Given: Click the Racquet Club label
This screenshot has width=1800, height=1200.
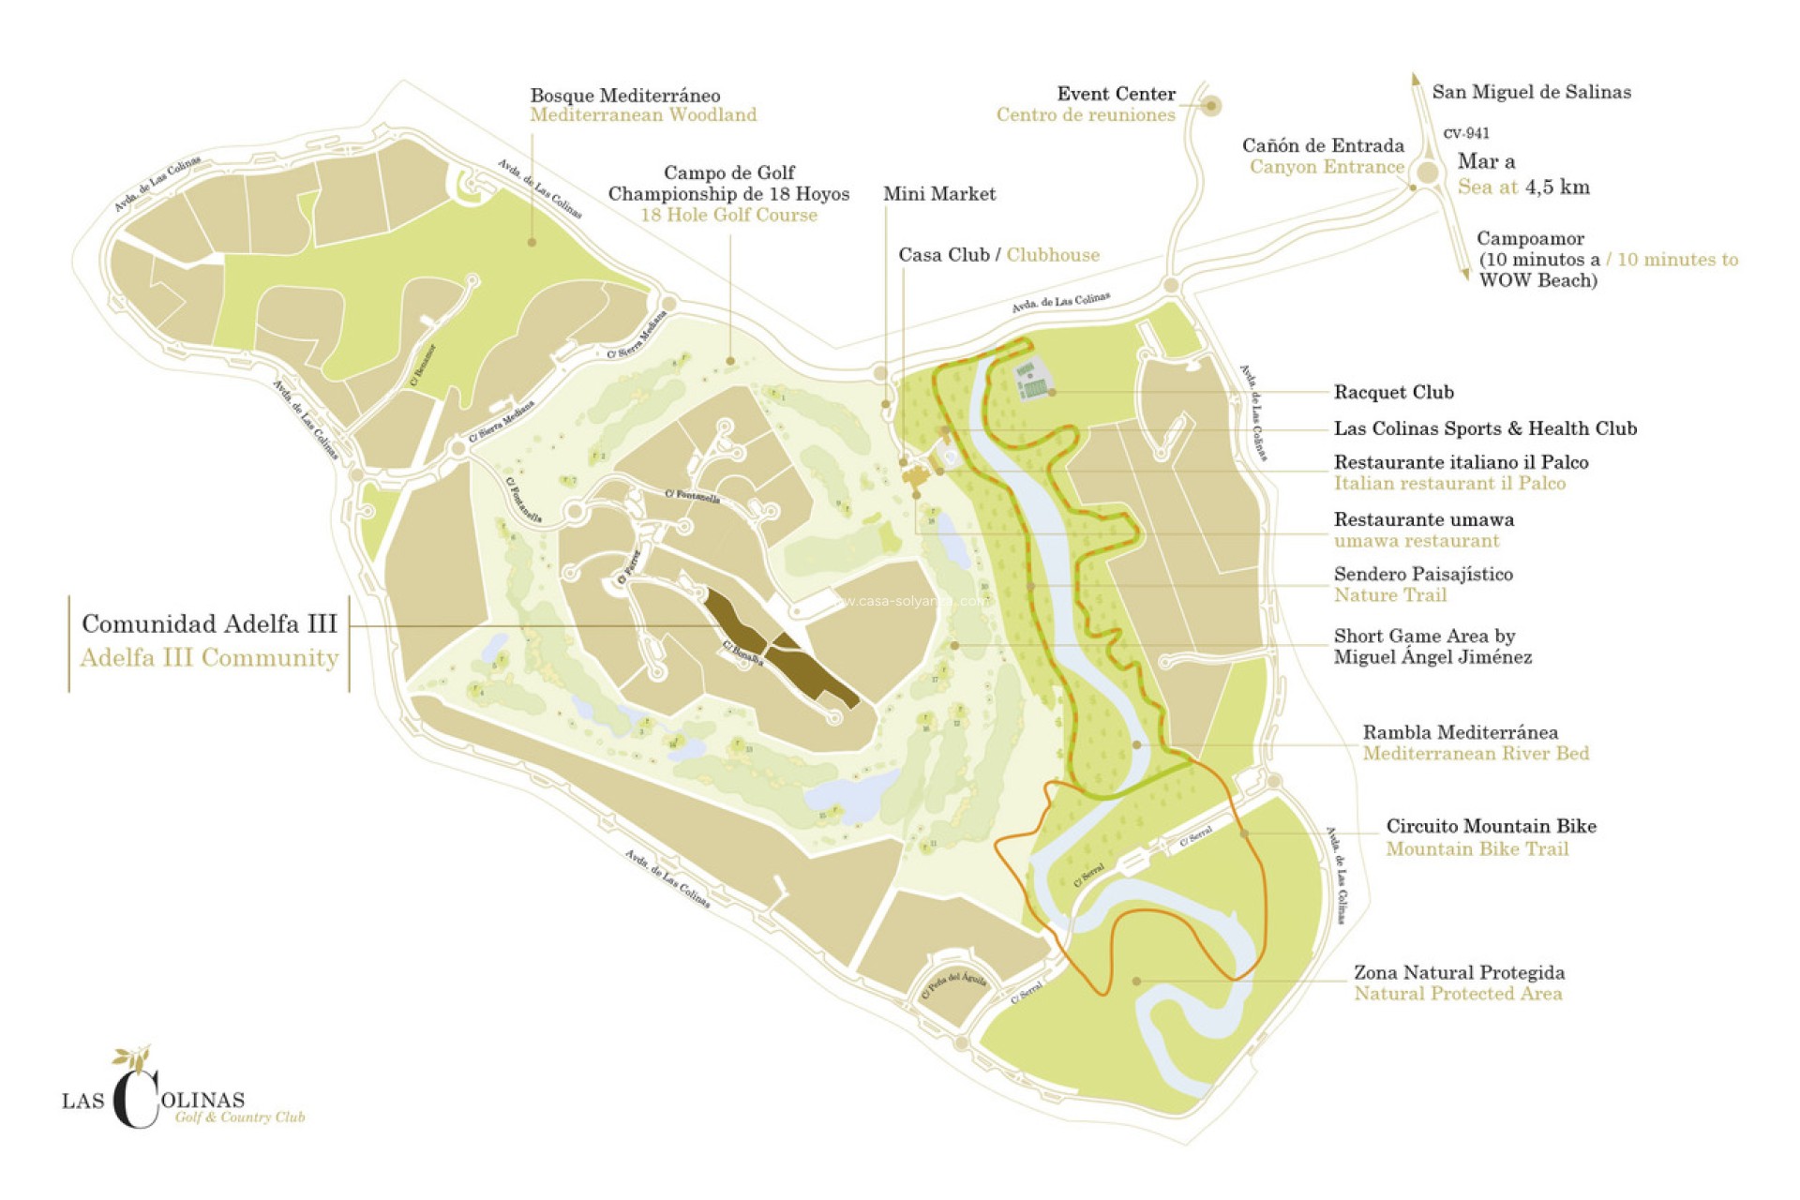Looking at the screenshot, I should pos(1393,392).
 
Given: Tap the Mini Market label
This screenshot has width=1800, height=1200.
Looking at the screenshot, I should pos(938,194).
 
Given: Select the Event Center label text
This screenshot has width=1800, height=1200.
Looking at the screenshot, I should pos(1116,94).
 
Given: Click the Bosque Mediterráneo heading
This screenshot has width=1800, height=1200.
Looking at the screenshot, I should pos(624,95).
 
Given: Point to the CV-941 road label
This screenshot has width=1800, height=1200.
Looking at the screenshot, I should pos(1465,133).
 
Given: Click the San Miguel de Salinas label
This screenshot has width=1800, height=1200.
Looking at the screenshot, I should pos(1531,92).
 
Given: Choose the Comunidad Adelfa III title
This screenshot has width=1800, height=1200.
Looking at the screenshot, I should pos(209,623).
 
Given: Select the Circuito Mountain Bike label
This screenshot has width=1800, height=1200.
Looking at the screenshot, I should pos(1491,826).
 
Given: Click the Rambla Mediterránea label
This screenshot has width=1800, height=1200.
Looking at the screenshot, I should pos(1460,732).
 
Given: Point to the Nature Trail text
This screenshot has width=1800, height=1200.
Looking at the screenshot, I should pos(1389,595).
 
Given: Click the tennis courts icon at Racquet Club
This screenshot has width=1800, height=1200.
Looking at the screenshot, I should pos(1032,380).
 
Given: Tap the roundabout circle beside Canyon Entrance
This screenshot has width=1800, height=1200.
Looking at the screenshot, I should pos(1427,172).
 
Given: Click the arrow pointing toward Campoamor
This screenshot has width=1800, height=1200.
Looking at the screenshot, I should pos(1464,272).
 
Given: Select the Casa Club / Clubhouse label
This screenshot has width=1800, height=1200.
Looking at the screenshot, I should pos(998,255).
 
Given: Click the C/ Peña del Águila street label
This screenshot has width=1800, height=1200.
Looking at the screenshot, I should pos(953,985).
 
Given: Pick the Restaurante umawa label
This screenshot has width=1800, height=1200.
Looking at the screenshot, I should pos(1423,519).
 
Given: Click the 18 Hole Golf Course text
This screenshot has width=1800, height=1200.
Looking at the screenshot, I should pos(728,215).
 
